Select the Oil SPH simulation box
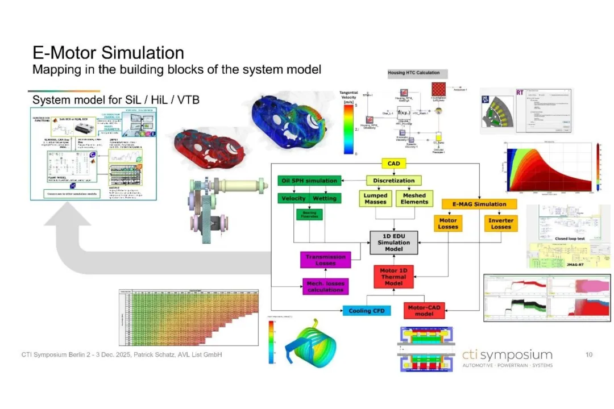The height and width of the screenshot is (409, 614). pyautogui.click(x=309, y=181)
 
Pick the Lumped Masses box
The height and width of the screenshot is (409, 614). pyautogui.click(x=376, y=198)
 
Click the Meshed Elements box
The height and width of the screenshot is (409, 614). pyautogui.click(x=414, y=198)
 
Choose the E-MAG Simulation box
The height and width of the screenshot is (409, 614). pyautogui.click(x=479, y=204)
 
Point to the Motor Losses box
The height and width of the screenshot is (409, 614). pyautogui.click(x=449, y=223)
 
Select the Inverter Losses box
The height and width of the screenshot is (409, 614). pyautogui.click(x=500, y=223)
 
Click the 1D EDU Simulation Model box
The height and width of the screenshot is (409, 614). pyautogui.click(x=393, y=242)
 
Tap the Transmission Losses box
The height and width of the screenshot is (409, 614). pyautogui.click(x=326, y=260)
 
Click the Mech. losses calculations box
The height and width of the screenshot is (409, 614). pyautogui.click(x=326, y=286)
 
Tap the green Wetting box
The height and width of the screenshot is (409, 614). pyautogui.click(x=325, y=198)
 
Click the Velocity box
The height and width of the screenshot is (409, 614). pyautogui.click(x=293, y=198)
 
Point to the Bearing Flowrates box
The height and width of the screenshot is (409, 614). pyautogui.click(x=309, y=214)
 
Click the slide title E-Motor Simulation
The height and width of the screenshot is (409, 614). pyautogui.click(x=108, y=53)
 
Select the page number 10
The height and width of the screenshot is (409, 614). pyautogui.click(x=589, y=354)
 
